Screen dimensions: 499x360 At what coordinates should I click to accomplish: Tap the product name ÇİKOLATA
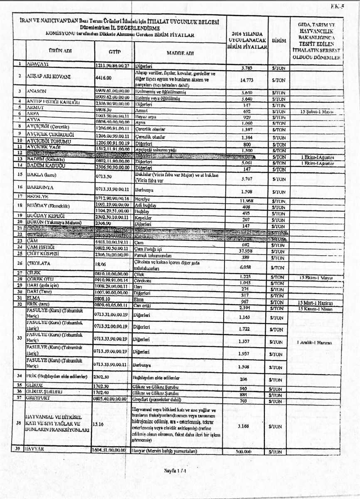(x=40, y=263)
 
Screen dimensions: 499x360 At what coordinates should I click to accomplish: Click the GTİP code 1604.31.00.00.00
(x=112, y=450)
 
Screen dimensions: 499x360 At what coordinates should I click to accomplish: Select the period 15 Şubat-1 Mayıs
(x=316, y=112)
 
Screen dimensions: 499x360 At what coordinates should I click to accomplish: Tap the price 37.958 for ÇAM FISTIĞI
(x=247, y=251)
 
